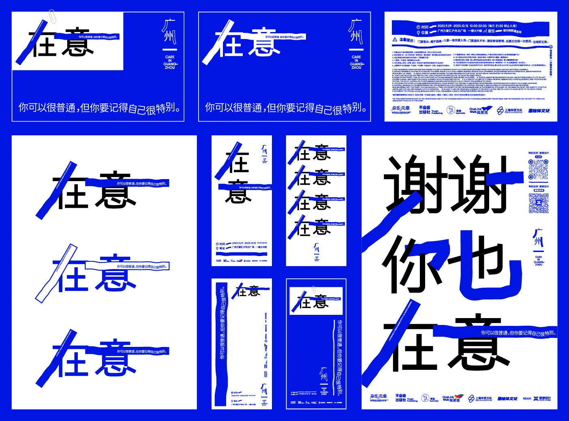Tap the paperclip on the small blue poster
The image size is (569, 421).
coord(314,290)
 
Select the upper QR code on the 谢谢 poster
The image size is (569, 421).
coord(538,169)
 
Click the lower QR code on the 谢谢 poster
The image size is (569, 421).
coord(538,203)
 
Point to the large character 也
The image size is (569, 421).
coord(488,263)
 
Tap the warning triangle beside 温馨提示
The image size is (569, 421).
coord(395,40)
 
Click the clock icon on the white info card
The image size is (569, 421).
coord(418,27)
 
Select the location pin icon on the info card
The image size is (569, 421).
coord(418,32)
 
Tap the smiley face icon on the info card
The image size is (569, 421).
coord(451,110)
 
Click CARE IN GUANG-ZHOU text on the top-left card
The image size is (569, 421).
coord(170,62)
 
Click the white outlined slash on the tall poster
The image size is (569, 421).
coord(56,273)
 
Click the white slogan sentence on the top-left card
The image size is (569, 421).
coord(99,108)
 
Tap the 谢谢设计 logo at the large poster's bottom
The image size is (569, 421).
coord(541,399)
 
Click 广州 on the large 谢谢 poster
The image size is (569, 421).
coord(538,238)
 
